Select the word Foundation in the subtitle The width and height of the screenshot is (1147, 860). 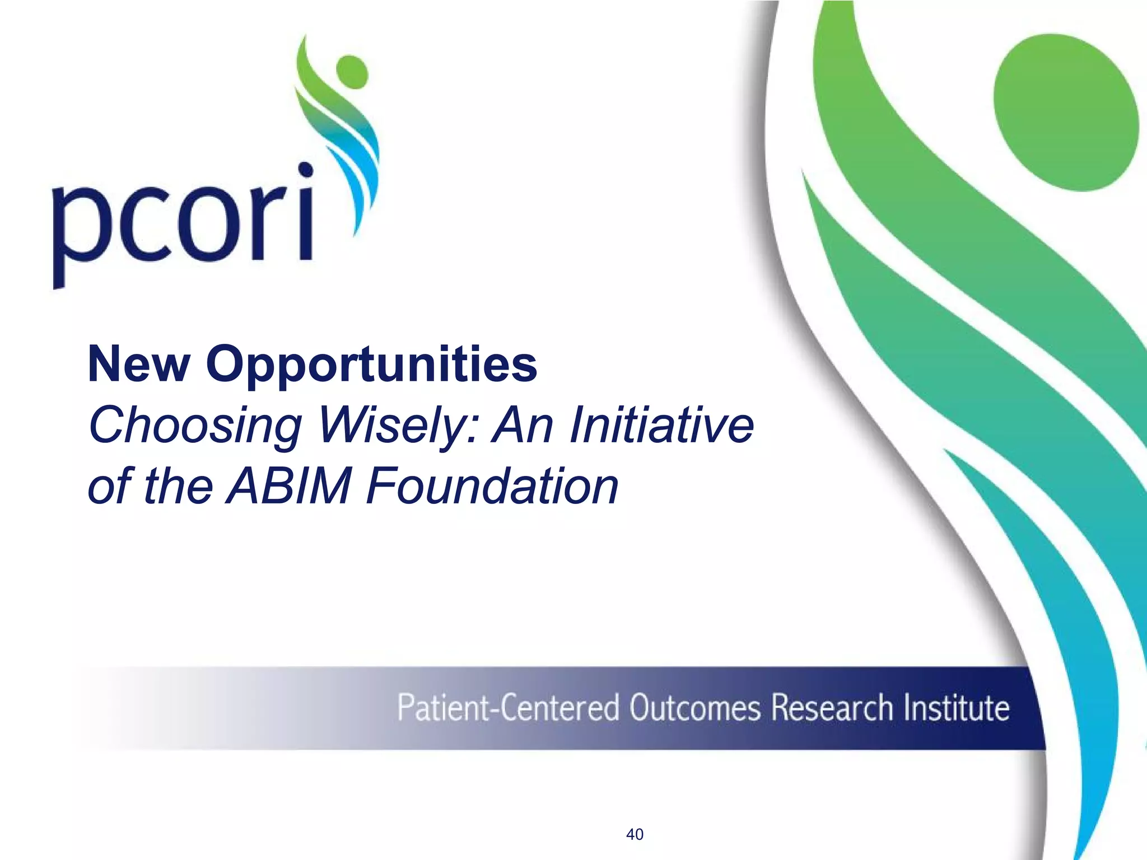[x=492, y=485]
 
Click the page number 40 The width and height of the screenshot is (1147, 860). [x=635, y=834]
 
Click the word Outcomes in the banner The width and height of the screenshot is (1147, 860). [x=694, y=708]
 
